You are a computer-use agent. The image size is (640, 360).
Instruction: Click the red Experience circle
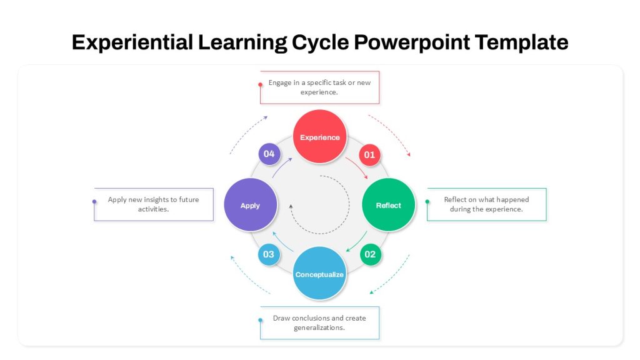click(x=320, y=137)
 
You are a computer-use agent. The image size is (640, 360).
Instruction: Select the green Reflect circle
click(x=389, y=205)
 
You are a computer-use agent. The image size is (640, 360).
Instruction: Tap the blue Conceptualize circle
click(x=319, y=274)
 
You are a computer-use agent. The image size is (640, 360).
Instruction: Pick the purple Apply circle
click(x=251, y=205)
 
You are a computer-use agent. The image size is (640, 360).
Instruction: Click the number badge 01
click(x=370, y=155)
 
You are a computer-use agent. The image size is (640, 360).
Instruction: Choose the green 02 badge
click(x=370, y=254)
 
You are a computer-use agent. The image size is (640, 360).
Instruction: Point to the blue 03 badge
click(x=269, y=254)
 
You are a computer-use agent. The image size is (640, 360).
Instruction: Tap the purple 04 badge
click(x=269, y=154)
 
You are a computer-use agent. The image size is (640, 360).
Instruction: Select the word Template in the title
click(x=522, y=42)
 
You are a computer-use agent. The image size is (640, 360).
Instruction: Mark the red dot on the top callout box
click(x=261, y=85)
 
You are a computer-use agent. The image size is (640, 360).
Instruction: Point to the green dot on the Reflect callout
click(x=427, y=202)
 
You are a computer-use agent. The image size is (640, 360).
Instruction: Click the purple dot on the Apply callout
click(x=94, y=202)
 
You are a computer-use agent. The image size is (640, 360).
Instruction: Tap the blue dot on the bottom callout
click(x=261, y=320)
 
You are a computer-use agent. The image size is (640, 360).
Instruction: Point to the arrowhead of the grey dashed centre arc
click(x=291, y=206)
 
